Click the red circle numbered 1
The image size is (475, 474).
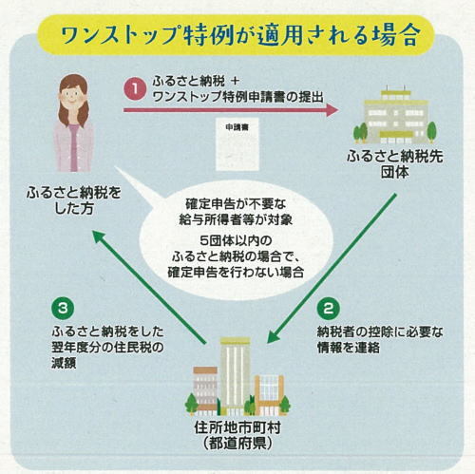click(x=135, y=90)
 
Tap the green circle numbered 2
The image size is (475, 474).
click(x=326, y=309)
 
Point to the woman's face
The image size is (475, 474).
click(x=73, y=105)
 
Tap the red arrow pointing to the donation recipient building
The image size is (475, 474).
click(x=228, y=110)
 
